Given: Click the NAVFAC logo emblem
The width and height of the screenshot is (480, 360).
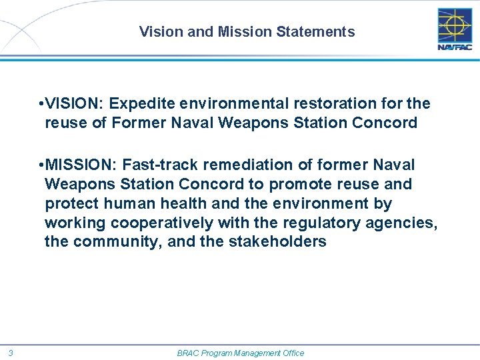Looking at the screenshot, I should click(x=455, y=25).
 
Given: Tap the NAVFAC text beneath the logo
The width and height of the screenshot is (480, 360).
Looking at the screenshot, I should click(x=455, y=47).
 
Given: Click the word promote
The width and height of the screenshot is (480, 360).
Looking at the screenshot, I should click(x=298, y=184).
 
